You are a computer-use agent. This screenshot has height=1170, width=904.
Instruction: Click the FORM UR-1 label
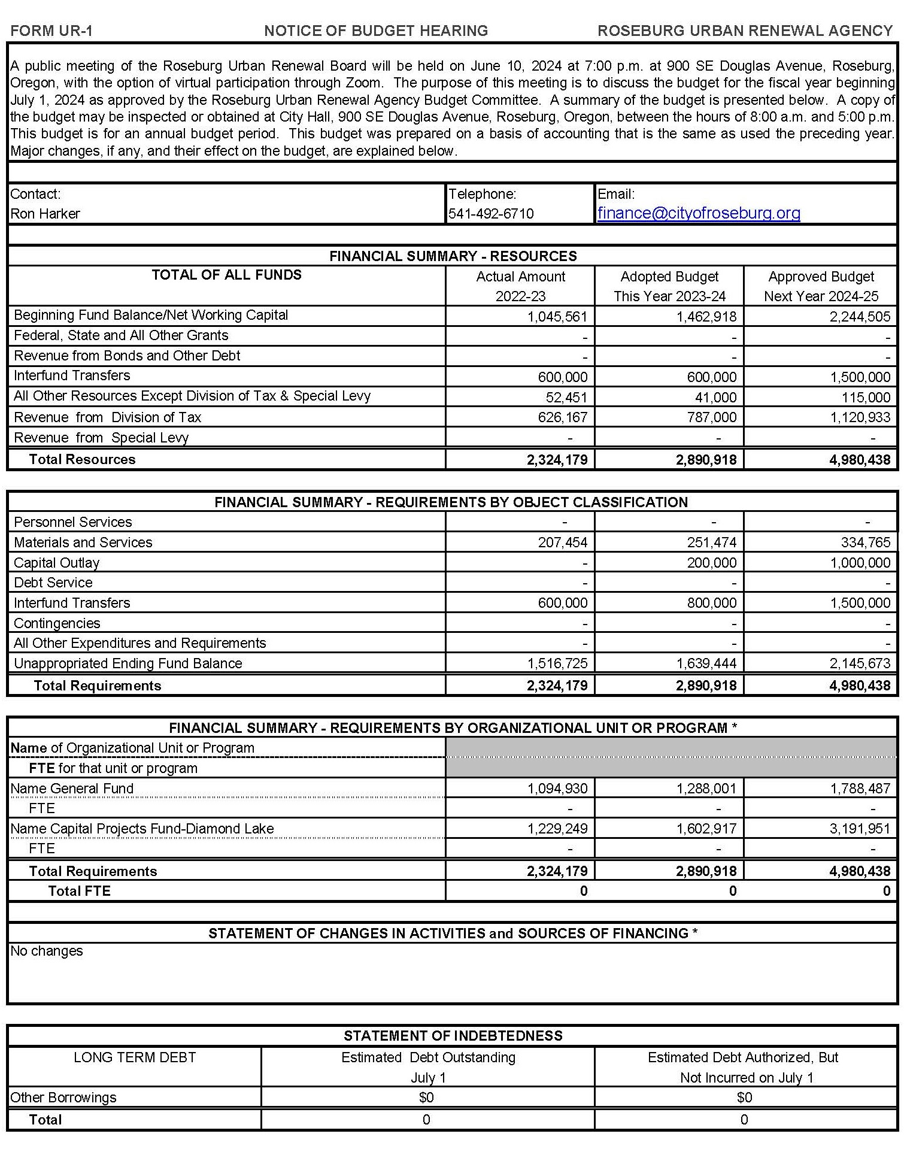click(x=51, y=31)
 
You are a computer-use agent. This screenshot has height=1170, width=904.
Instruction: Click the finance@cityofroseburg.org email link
click(x=699, y=213)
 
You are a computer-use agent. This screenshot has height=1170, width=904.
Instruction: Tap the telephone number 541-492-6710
click(x=491, y=214)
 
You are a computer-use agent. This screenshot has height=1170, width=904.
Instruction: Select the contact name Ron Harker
click(x=45, y=214)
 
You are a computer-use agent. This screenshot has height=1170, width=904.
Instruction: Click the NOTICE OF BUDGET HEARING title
click(x=376, y=31)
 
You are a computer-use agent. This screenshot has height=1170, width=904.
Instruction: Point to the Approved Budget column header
click(x=821, y=286)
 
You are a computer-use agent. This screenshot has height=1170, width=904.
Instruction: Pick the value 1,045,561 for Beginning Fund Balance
click(x=557, y=317)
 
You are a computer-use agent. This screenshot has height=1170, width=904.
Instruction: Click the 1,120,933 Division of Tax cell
click(x=860, y=417)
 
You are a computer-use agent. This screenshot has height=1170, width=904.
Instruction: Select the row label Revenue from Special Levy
click(x=101, y=438)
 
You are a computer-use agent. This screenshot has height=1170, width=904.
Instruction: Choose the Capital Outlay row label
click(x=57, y=563)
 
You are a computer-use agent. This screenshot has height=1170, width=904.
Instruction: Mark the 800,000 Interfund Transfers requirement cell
click(x=711, y=603)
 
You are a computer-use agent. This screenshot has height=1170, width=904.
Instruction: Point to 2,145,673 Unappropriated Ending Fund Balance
click(x=860, y=663)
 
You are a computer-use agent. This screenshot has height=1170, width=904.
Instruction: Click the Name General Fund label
click(x=72, y=789)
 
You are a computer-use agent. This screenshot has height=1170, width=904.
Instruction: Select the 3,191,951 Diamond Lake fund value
click(x=860, y=829)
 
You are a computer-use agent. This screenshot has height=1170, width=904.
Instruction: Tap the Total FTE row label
click(x=80, y=891)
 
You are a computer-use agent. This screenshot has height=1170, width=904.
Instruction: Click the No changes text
click(x=47, y=951)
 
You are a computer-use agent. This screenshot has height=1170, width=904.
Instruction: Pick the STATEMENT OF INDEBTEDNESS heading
click(x=453, y=1036)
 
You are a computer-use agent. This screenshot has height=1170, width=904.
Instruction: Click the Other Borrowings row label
click(x=63, y=1098)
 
